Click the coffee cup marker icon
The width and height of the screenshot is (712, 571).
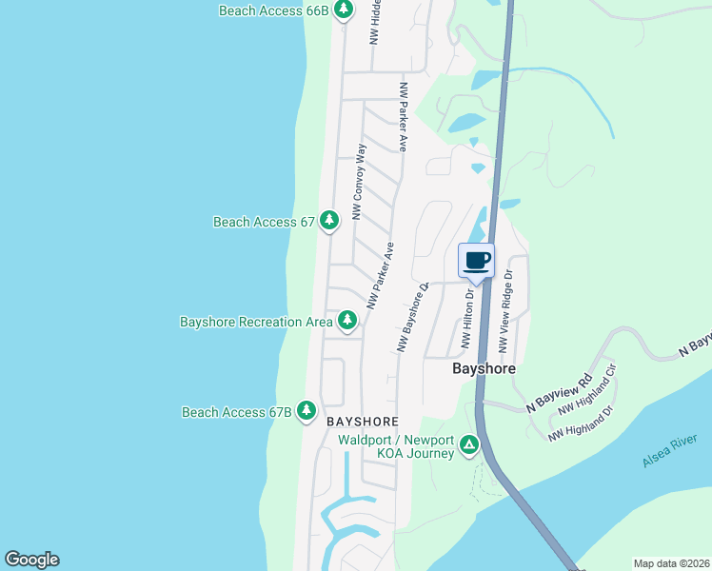tap(476, 260)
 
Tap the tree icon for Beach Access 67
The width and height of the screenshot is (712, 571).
tap(329, 221)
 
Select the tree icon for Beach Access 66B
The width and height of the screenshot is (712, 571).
tap(344, 10)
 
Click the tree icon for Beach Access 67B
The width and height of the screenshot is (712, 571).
tap(307, 411)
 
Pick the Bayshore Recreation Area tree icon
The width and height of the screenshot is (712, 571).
tap(347, 322)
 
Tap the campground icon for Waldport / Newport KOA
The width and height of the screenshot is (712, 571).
tap(468, 444)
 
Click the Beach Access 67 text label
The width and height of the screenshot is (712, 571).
tap(264, 222)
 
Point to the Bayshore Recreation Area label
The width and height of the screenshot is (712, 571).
tap(256, 322)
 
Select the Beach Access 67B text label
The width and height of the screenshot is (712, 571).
tap(236, 412)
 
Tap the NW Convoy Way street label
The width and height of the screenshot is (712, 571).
tap(359, 182)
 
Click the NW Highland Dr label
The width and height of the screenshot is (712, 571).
tap(580, 422)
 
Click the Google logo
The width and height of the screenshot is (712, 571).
tap(31, 560)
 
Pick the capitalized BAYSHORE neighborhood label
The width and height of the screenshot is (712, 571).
tap(361, 421)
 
